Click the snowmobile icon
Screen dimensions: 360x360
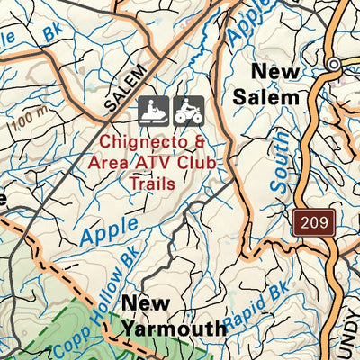point(154,111)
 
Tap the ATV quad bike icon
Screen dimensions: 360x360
point(188,111)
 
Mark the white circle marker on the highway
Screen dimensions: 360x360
point(333,64)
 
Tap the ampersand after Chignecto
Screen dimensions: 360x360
point(200,141)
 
